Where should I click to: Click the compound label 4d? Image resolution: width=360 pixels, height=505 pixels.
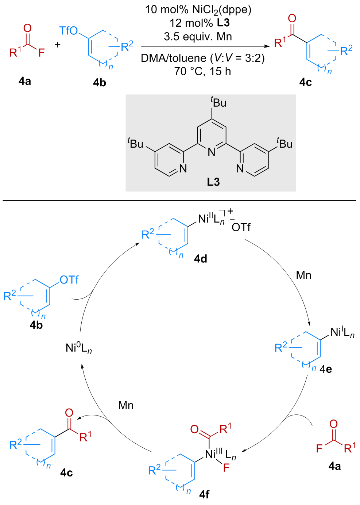(x=201, y=259)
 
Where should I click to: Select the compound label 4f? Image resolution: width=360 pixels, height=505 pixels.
(x=204, y=494)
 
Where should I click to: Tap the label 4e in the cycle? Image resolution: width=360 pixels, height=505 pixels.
(x=326, y=369)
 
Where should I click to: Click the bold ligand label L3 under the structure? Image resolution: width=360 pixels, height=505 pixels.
(x=213, y=182)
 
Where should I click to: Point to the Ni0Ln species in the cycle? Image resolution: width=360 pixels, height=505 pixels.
(x=79, y=348)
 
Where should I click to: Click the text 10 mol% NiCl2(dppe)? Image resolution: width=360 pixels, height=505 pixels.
(x=198, y=10)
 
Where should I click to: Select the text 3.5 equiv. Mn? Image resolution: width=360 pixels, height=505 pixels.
(x=198, y=37)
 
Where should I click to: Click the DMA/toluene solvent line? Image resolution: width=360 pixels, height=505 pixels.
(x=203, y=58)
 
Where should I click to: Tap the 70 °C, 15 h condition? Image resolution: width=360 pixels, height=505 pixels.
(x=203, y=71)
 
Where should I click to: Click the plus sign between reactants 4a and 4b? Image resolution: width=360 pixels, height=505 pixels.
(x=57, y=45)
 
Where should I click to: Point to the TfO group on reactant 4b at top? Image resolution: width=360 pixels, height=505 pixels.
(x=69, y=31)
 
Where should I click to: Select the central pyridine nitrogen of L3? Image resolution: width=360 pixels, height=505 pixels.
(x=212, y=152)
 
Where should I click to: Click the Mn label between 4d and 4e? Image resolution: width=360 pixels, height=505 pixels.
(x=304, y=275)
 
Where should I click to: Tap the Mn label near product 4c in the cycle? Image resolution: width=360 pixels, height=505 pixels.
(x=126, y=405)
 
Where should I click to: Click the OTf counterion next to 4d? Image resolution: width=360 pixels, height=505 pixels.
(x=241, y=227)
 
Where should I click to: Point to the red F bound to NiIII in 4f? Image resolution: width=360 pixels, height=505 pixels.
(x=226, y=468)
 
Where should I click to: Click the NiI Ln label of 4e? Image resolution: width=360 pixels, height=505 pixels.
(x=342, y=333)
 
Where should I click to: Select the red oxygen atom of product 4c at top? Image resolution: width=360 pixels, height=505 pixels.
(x=292, y=19)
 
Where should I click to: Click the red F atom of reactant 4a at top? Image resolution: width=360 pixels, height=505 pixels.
(x=42, y=53)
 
